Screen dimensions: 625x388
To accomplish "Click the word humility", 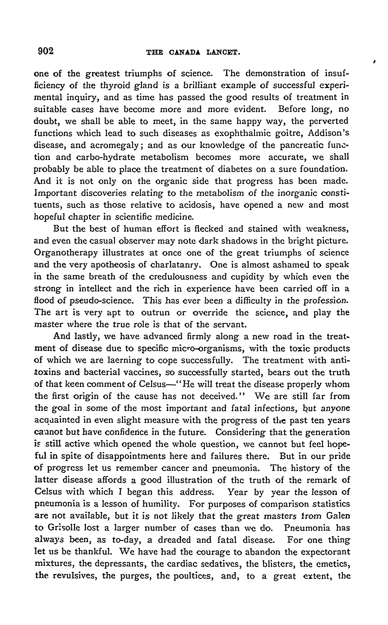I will [160, 504].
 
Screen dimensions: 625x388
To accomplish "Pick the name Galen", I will [338, 516].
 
